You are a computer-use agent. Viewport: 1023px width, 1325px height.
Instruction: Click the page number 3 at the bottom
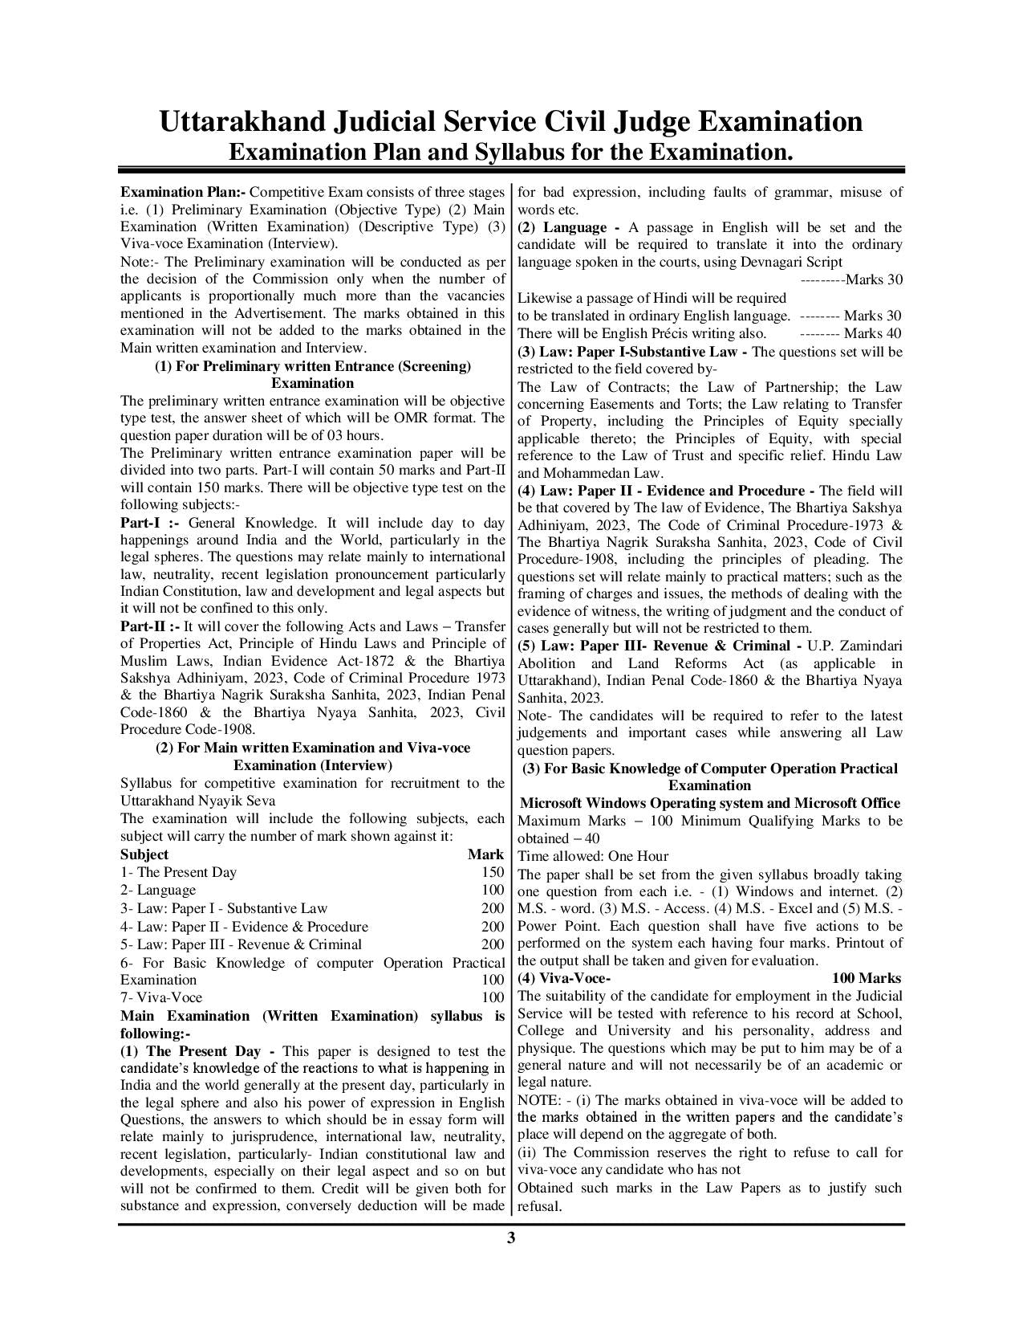click(511, 1237)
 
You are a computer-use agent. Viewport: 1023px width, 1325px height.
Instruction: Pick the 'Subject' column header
click(144, 854)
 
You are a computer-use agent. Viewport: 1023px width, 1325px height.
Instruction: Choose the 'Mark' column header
click(485, 854)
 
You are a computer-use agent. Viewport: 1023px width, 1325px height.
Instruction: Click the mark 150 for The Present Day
click(493, 872)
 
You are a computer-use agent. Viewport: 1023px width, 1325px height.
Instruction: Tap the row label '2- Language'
click(158, 890)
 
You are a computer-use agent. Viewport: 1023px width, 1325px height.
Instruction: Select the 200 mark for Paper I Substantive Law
click(493, 908)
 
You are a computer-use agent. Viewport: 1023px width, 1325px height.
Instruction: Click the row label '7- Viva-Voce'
click(161, 997)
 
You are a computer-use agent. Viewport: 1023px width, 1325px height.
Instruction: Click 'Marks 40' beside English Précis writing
click(872, 333)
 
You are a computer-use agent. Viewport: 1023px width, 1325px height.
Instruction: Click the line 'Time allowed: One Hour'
click(593, 856)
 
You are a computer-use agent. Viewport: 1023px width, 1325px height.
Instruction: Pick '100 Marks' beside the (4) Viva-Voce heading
click(866, 978)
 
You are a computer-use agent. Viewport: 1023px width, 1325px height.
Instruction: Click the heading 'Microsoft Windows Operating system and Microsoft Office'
click(710, 803)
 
